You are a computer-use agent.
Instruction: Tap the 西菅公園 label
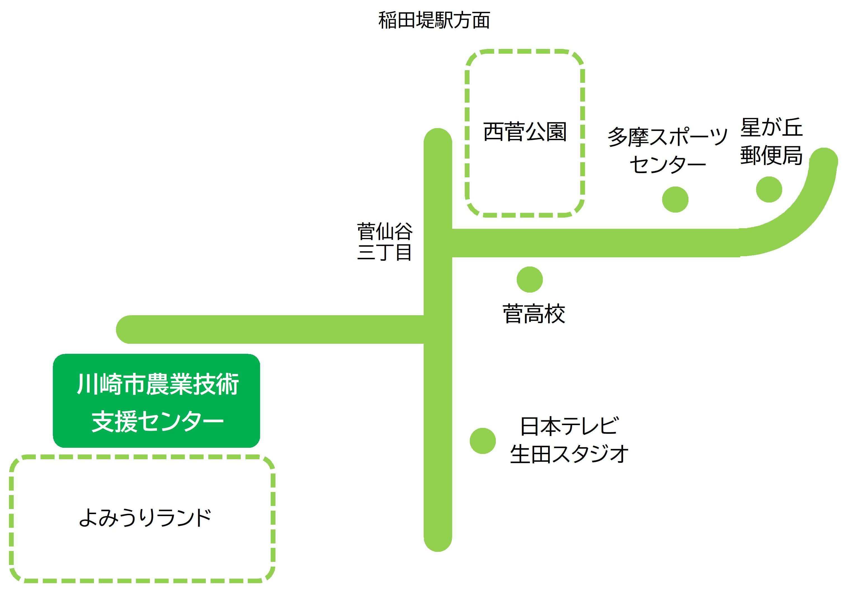(525, 132)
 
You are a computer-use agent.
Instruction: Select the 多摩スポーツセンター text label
(668, 150)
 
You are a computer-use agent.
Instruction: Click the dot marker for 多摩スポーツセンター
(675, 200)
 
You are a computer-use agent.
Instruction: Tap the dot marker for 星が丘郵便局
(769, 190)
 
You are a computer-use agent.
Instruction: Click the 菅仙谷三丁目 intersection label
(385, 241)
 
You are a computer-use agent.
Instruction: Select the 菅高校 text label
(534, 314)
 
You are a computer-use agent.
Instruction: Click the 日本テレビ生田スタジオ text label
(569, 440)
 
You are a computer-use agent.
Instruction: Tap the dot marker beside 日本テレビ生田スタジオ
(483, 441)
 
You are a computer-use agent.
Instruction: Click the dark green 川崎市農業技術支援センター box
(156, 401)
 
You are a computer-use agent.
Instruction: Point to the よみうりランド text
(145, 518)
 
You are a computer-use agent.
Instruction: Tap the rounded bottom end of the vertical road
(438, 545)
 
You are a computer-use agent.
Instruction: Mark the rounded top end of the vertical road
(438, 135)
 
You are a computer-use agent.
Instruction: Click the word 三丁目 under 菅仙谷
(385, 252)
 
